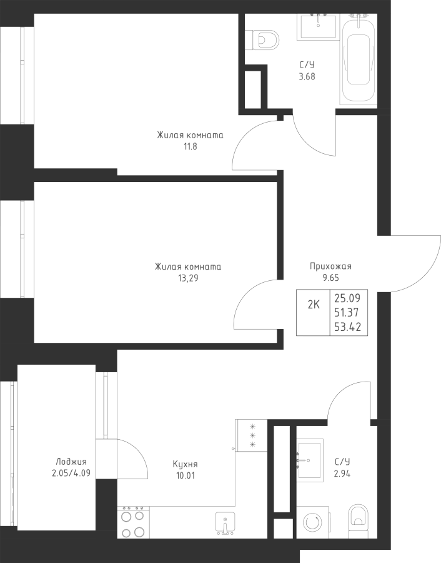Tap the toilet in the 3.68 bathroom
click(x=265, y=39)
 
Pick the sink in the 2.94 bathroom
click(x=309, y=460)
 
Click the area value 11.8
click(x=190, y=147)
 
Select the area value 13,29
click(x=188, y=278)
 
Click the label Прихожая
click(x=330, y=266)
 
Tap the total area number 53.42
click(x=347, y=327)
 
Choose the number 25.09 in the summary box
click(x=347, y=298)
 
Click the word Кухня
click(x=185, y=465)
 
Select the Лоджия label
click(x=71, y=462)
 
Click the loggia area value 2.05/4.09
click(x=71, y=474)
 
